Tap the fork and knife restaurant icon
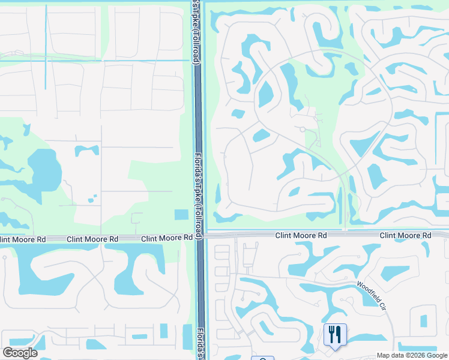(x=335, y=334)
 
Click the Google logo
(x=20, y=352)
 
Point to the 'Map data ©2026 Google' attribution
(x=412, y=355)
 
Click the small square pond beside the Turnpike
(x=180, y=215)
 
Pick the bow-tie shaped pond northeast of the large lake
(x=86, y=150)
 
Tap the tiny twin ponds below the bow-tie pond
(x=91, y=199)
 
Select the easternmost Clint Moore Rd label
(x=405, y=236)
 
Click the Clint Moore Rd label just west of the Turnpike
(x=167, y=238)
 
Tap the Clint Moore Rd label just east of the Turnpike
(x=301, y=236)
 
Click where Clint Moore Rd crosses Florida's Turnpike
(x=200, y=236)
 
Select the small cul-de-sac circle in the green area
(x=303, y=128)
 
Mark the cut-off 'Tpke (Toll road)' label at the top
(x=196, y=32)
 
